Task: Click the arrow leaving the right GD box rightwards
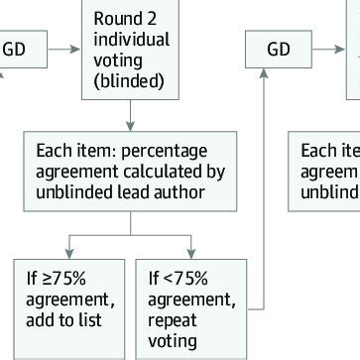[x=328, y=47]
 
